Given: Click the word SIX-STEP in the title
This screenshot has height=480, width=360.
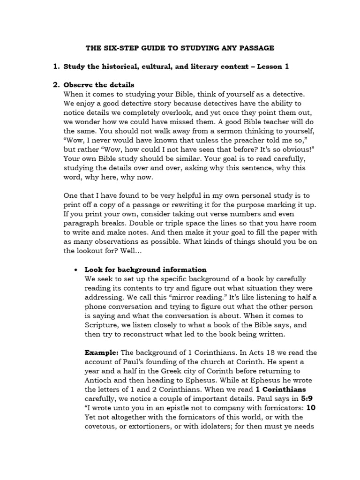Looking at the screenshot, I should click(119, 48).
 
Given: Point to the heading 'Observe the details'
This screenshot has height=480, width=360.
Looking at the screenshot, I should click(98, 85).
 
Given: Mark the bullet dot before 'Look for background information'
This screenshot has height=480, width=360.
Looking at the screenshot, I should click(75, 270).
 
